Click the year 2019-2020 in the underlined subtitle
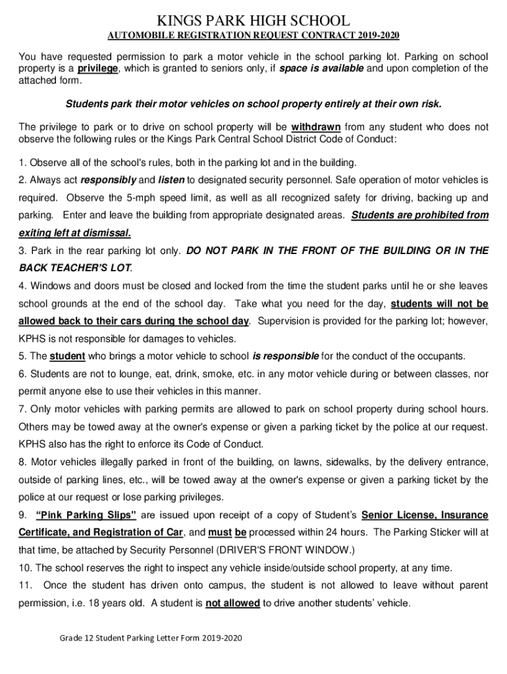click(x=379, y=35)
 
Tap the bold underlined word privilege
click(x=97, y=68)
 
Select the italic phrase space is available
click(x=321, y=68)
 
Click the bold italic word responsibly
click(x=109, y=179)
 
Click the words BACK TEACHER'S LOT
click(x=74, y=268)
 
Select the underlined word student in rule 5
click(x=67, y=356)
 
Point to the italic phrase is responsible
click(x=285, y=356)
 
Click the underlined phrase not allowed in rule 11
click(x=232, y=603)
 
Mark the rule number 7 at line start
click(x=22, y=409)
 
